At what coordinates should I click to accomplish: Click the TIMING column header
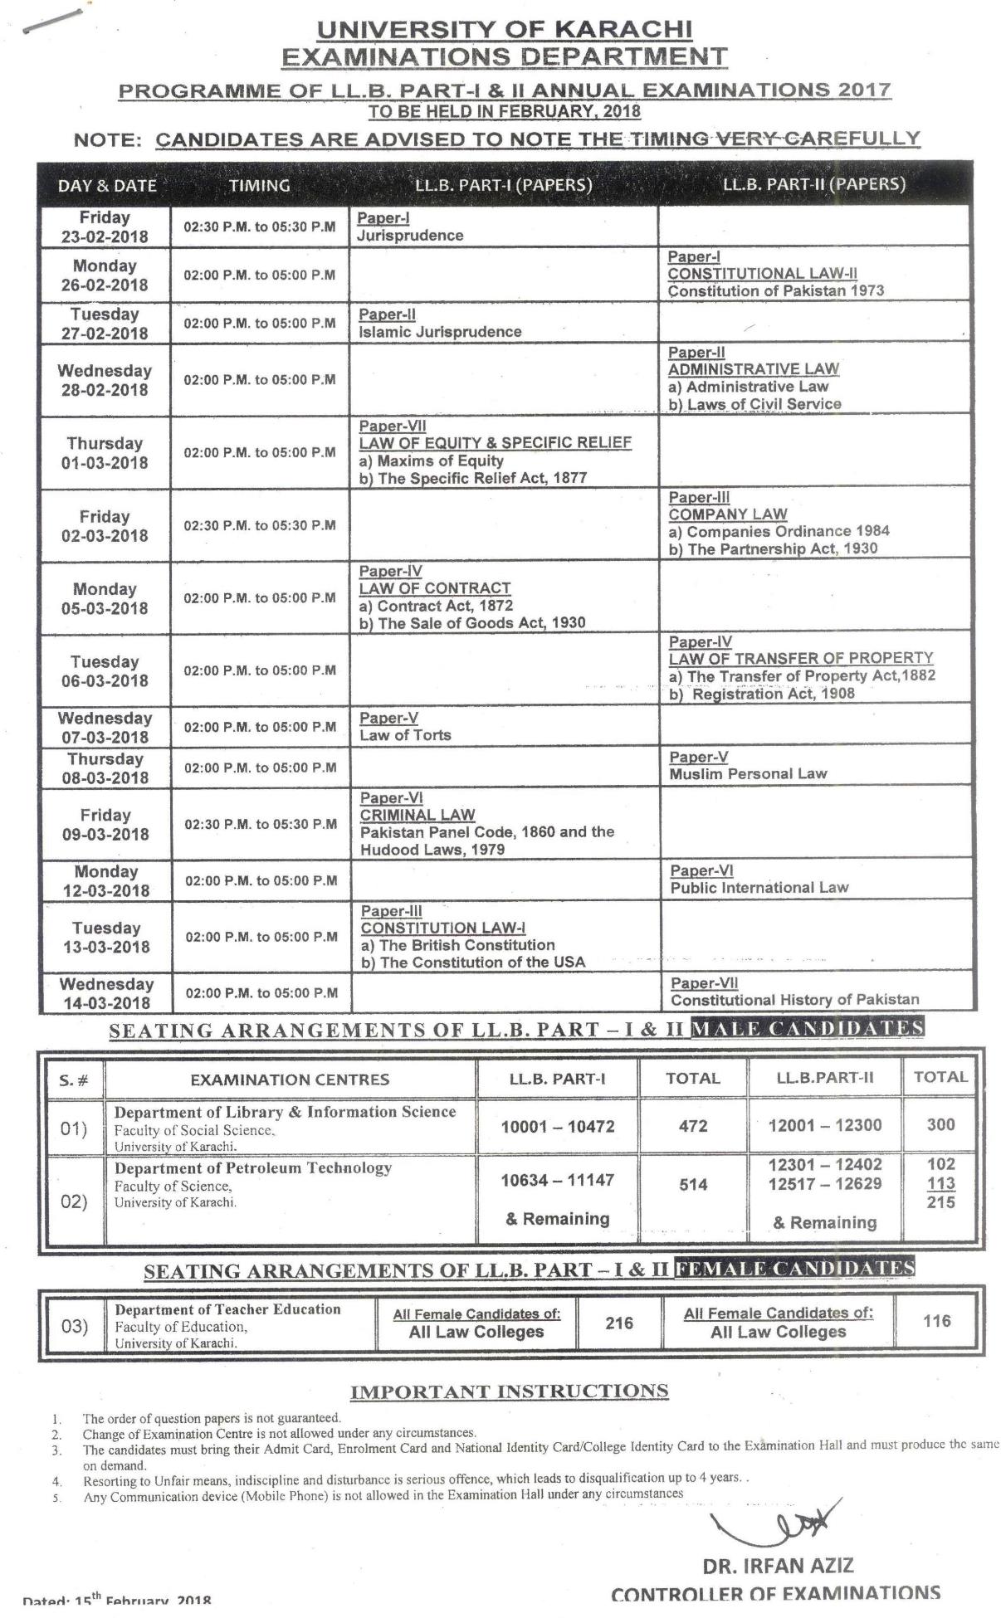pyautogui.click(x=259, y=185)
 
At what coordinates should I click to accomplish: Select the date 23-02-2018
pyautogui.click(x=105, y=236)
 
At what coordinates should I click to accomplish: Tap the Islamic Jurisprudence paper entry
pyautogui.click(x=440, y=332)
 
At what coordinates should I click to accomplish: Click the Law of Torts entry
pyautogui.click(x=405, y=735)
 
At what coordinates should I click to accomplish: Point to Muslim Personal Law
pyautogui.click(x=748, y=774)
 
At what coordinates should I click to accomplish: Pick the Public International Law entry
pyautogui.click(x=759, y=888)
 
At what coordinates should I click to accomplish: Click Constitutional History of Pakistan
pyautogui.click(x=794, y=1001)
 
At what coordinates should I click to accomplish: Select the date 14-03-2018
pyautogui.click(x=106, y=1003)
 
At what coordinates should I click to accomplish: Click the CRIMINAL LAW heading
pyautogui.click(x=417, y=816)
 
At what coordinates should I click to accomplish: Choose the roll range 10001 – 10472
pyautogui.click(x=557, y=1127)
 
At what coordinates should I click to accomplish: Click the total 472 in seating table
pyautogui.click(x=693, y=1126)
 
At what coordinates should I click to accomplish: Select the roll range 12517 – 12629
pyautogui.click(x=825, y=1184)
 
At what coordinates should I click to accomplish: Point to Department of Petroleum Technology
pyautogui.click(x=252, y=1168)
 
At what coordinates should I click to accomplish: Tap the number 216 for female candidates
pyautogui.click(x=619, y=1323)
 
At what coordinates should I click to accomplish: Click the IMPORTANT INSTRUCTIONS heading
pyautogui.click(x=509, y=1391)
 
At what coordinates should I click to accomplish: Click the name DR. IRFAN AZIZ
pyautogui.click(x=778, y=1567)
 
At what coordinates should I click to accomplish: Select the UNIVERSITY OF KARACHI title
pyautogui.click(x=504, y=30)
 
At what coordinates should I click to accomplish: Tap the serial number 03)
pyautogui.click(x=75, y=1327)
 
